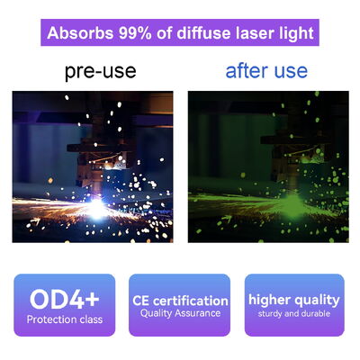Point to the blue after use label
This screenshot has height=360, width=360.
(265, 70)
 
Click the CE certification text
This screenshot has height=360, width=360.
(180, 300)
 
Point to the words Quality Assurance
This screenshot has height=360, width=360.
(180, 313)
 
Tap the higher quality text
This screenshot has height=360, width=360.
(294, 300)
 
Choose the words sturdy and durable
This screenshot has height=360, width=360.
(294, 314)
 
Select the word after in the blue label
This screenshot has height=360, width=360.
(245, 70)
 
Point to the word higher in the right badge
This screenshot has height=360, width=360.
(272, 300)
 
